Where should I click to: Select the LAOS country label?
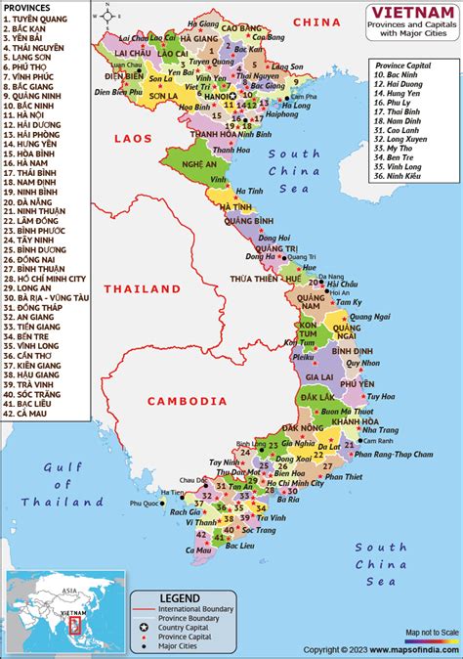133,139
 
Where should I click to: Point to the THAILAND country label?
143,289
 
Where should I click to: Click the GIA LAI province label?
321,375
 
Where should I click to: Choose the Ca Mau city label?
201,550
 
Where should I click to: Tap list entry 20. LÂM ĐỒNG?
39,222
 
